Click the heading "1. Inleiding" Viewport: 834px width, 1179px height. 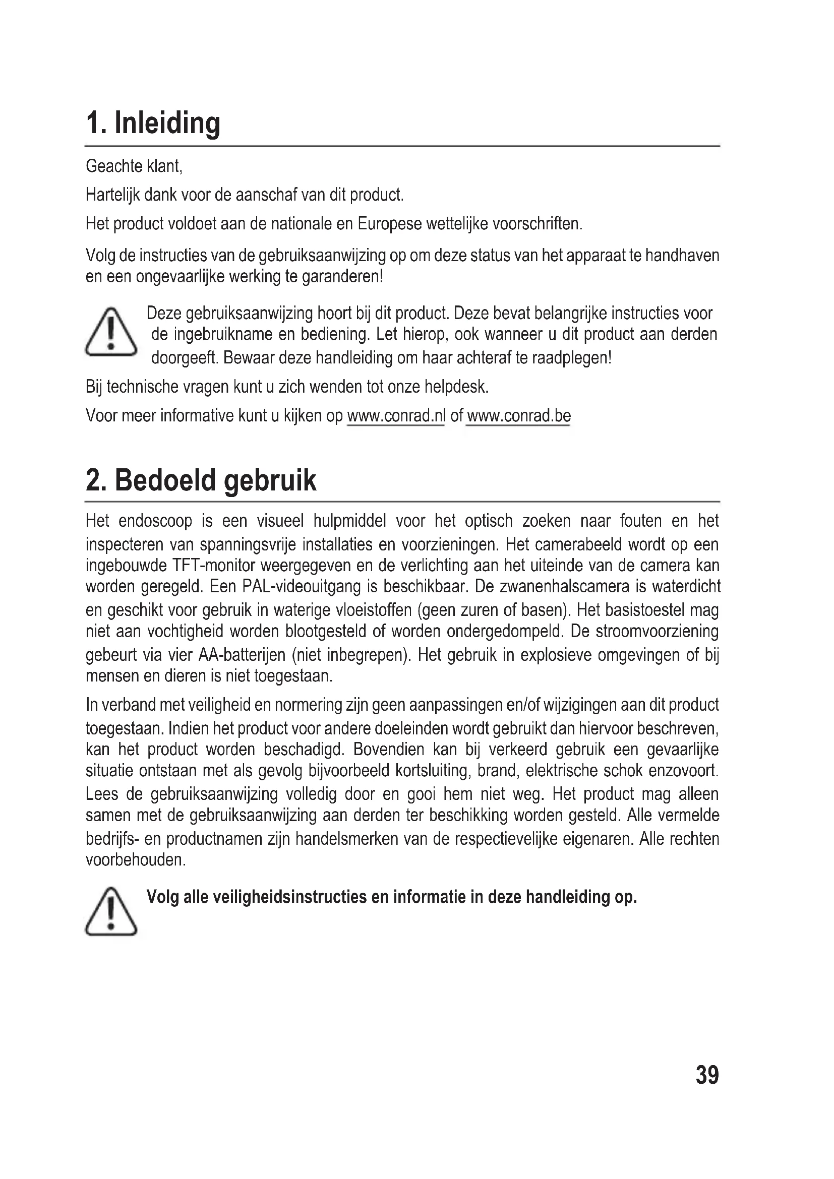[153, 124]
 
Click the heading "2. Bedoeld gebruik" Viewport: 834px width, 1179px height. [201, 480]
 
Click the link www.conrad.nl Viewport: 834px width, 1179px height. [396, 415]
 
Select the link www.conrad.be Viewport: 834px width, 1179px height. [519, 415]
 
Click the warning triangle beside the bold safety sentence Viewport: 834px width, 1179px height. [111, 912]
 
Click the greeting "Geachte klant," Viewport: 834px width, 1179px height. [134, 166]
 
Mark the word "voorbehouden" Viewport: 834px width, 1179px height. [136, 860]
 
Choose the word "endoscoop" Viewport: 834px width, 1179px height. [155, 521]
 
